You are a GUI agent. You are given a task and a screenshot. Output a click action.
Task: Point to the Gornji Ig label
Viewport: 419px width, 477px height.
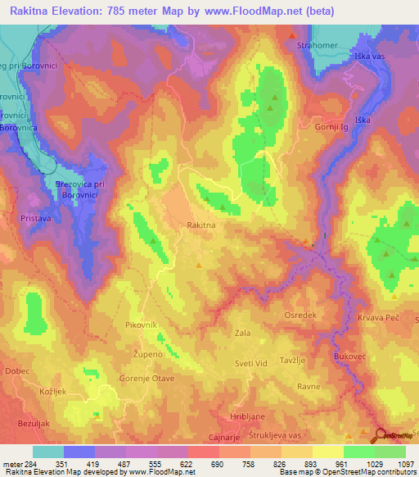tap(336, 127)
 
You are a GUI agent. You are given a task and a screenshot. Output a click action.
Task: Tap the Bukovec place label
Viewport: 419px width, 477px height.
tap(349, 357)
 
